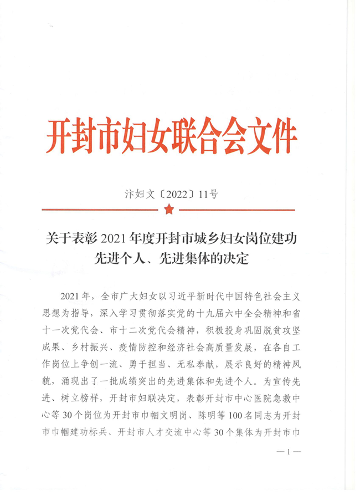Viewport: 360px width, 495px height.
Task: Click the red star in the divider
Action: pyautogui.click(x=169, y=210)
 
